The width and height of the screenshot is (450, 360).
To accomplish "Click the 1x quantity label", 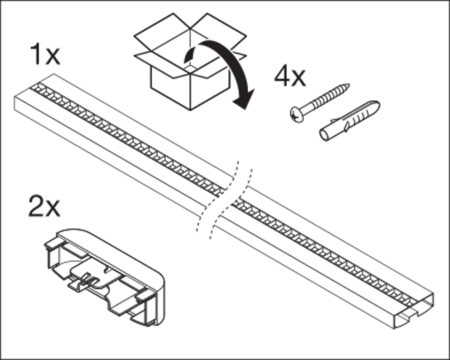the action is (x=45, y=54).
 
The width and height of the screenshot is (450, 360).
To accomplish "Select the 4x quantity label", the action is (x=290, y=76).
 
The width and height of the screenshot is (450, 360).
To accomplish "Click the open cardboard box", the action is (x=190, y=61).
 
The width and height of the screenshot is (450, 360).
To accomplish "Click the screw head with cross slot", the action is (x=297, y=114).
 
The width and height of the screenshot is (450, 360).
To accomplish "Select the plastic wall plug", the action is (x=350, y=121).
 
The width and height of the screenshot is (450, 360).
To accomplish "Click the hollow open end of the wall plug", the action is (x=324, y=135).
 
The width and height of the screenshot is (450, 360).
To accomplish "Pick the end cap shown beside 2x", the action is (x=105, y=277).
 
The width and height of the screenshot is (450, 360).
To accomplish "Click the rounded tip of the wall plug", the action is (x=375, y=106).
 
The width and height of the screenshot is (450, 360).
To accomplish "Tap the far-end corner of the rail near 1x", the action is (x=54, y=74).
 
